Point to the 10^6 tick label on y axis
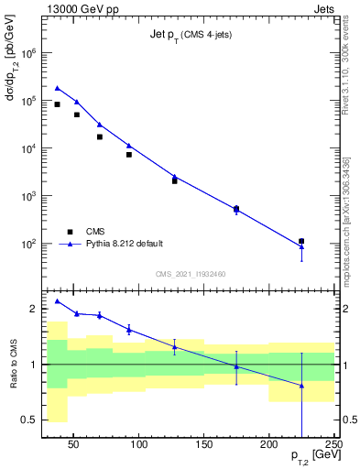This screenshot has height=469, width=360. tap(28, 53)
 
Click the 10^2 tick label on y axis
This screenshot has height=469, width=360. tap(28, 244)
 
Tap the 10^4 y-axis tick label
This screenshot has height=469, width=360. tap(28, 148)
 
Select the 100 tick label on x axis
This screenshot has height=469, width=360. tap(140, 445)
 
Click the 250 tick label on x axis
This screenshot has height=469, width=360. tap(333, 445)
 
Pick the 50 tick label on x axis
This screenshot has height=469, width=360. tap(75, 445)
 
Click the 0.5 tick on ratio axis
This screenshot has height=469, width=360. tap(28, 420)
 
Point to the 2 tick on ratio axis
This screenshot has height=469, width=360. tap(33, 309)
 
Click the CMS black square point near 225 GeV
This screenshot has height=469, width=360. tap(301, 241)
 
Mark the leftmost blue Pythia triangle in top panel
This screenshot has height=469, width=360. tap(57, 88)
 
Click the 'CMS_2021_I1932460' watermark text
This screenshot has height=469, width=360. tap(191, 273)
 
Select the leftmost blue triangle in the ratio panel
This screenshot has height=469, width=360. tap(57, 300)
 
